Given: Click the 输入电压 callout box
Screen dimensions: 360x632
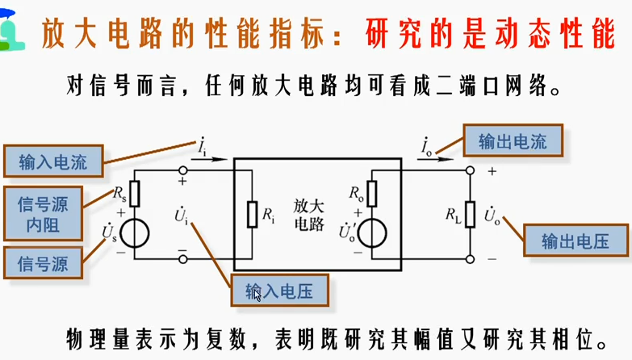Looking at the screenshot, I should (279, 292).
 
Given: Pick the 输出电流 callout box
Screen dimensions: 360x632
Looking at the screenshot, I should (513, 142).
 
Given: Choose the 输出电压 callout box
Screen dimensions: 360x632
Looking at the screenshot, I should (574, 241).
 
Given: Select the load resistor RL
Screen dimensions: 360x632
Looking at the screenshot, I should (471, 215).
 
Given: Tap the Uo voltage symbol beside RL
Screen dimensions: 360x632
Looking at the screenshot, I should (492, 215).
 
